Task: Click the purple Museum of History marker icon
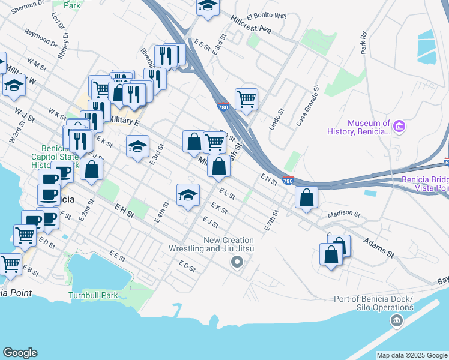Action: [x=399, y=126]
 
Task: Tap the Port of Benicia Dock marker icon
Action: [x=396, y=321]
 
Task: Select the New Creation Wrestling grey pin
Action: [x=237, y=262]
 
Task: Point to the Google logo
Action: [x=20, y=353]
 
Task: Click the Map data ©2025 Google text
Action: [x=412, y=355]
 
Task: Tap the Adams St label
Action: [x=378, y=247]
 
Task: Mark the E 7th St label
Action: [x=272, y=221]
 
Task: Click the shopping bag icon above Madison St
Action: [x=306, y=197]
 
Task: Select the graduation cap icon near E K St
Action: [x=188, y=194]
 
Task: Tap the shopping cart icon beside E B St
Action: [x=10, y=263]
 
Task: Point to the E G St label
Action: [x=187, y=266]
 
